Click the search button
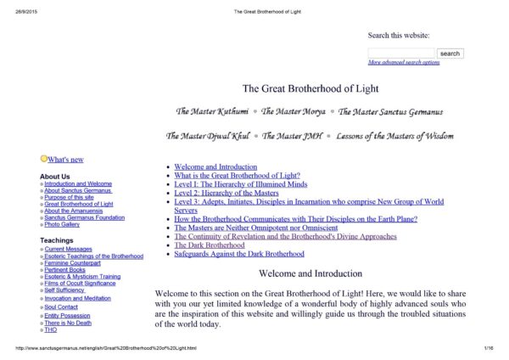tap(450, 53)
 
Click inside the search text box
tap(401, 53)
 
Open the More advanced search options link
tap(404, 63)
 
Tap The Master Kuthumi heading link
tap(212, 111)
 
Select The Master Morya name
tap(294, 111)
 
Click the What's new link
tap(65, 160)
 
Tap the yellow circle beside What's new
tap(44, 159)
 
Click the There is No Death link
tap(68, 322)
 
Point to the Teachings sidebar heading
tap(57, 241)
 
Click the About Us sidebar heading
tap(55, 177)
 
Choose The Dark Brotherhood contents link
tap(210, 245)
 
